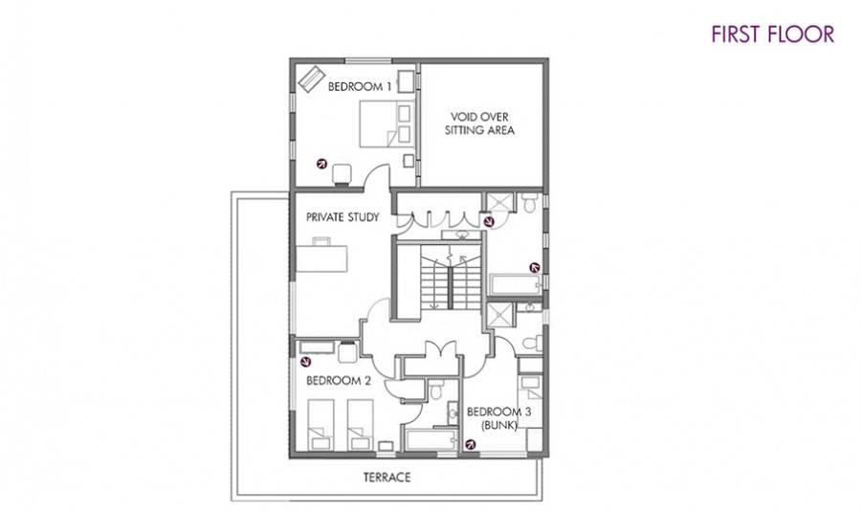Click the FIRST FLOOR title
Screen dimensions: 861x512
[x=773, y=34]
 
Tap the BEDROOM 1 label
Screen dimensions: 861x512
[x=360, y=86]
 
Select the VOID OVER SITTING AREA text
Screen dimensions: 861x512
[x=479, y=123]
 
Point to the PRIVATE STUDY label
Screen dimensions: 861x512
[x=342, y=217]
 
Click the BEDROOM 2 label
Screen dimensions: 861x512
[x=339, y=380]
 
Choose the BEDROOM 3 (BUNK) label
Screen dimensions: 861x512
[x=499, y=418]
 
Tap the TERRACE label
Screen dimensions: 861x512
[x=387, y=477]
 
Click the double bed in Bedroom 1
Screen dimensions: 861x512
[x=386, y=123]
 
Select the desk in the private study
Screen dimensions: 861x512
[x=321, y=257]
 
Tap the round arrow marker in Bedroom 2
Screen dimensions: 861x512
[x=306, y=362]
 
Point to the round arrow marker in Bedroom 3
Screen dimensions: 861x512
[x=470, y=444]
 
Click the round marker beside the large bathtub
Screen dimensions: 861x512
[x=534, y=268]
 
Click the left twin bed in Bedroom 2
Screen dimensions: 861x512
[x=320, y=425]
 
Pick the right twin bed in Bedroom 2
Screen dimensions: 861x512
[x=361, y=425]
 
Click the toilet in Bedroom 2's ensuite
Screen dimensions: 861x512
[x=437, y=390]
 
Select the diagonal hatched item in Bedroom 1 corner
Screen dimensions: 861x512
[x=311, y=79]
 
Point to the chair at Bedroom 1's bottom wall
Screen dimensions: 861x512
[x=342, y=173]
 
